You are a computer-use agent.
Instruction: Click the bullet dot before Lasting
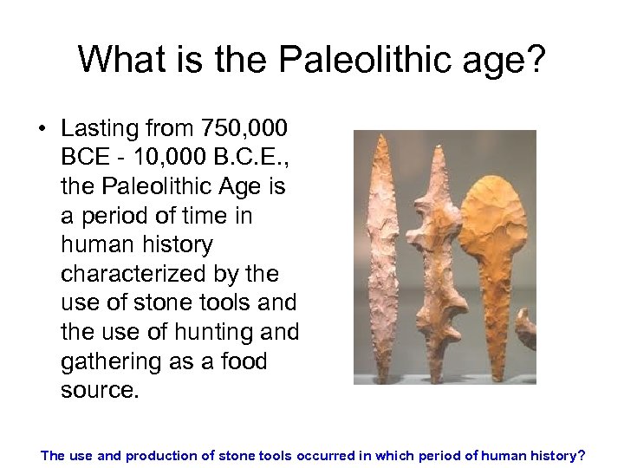click(42, 130)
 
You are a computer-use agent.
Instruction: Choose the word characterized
click(134, 274)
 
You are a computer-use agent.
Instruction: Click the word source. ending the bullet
click(100, 390)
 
